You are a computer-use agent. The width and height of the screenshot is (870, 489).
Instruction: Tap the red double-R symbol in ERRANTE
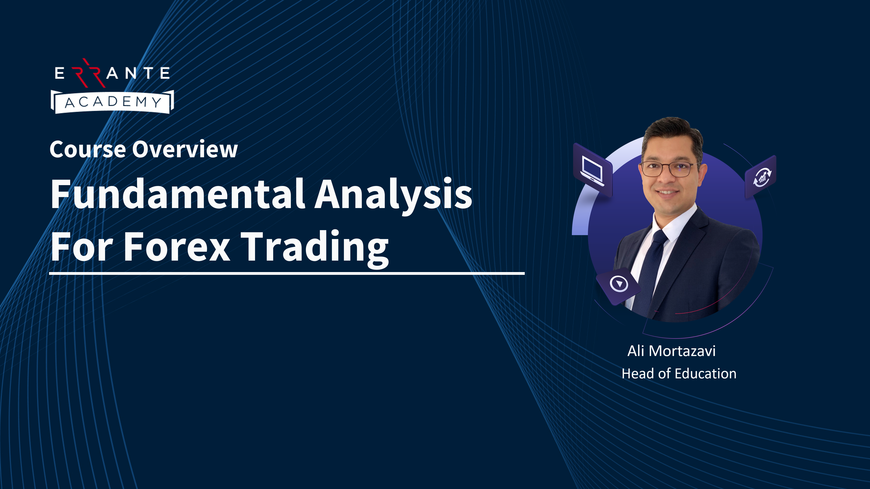coord(89,73)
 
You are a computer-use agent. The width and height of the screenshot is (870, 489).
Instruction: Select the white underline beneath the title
coord(287,273)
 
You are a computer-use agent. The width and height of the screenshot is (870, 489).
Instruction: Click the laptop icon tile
coord(593,171)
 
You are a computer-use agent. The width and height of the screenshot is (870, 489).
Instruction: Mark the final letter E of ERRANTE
coord(165,73)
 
